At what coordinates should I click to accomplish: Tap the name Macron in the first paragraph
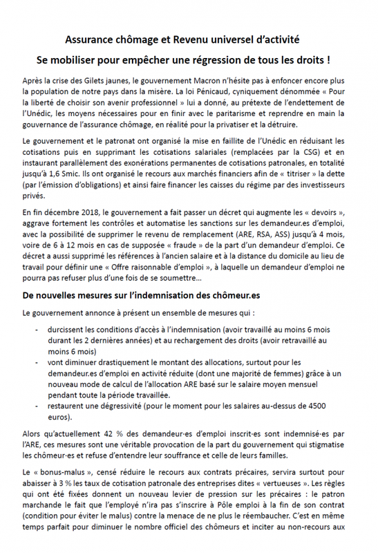pyautogui.click(x=202, y=80)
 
